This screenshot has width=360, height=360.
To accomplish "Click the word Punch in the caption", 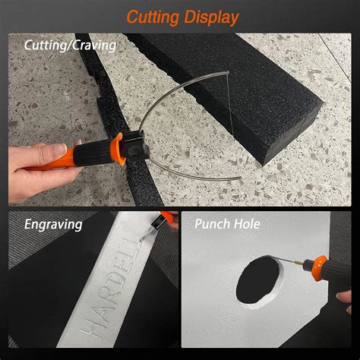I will pyautogui.click(x=214, y=225).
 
